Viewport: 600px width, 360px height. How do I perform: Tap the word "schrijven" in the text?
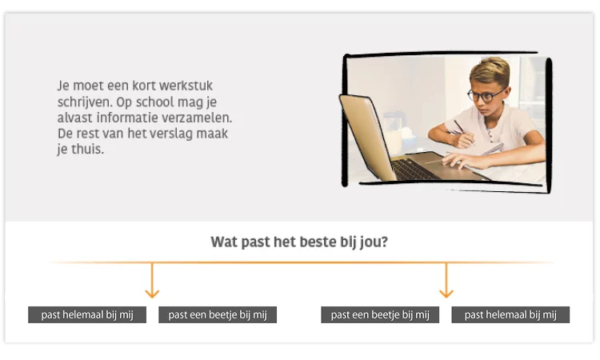84,102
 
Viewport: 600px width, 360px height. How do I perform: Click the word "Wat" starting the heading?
224,242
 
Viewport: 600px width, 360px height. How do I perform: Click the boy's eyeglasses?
486,95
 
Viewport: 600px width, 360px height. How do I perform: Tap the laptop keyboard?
416,169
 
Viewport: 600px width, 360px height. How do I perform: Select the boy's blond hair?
490,70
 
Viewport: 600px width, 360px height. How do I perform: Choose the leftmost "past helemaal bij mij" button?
87,315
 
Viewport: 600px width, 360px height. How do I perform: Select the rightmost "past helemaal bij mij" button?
510,315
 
